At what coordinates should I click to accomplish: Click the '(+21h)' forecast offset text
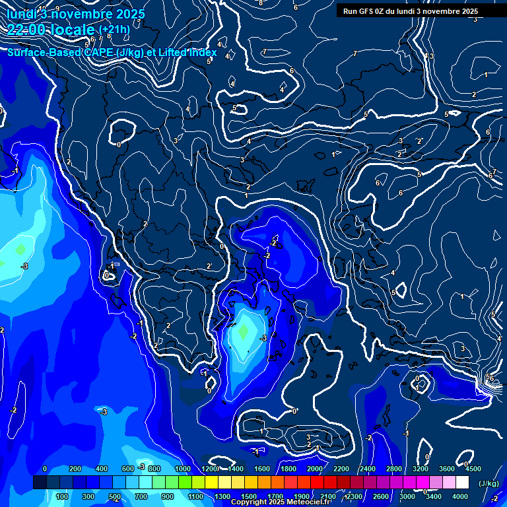pos(114,29)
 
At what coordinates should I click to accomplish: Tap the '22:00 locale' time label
pos(51,29)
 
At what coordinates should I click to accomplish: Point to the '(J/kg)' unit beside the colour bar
pos(488,483)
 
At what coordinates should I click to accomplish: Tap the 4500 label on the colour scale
pos(473,469)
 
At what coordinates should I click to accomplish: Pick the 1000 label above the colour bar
pos(182,469)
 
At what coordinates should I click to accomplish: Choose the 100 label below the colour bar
pos(63,496)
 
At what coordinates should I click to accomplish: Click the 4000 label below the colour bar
pos(460,496)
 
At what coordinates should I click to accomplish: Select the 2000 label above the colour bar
pos(314,469)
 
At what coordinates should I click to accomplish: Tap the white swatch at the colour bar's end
pos(462,483)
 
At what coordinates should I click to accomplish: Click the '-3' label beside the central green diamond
pos(263,338)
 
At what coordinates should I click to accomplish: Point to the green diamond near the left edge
pos(20,250)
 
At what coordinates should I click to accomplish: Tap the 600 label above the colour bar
pos(128,469)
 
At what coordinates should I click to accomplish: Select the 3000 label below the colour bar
pos(407,496)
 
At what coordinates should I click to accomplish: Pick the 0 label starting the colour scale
pos(45,469)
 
